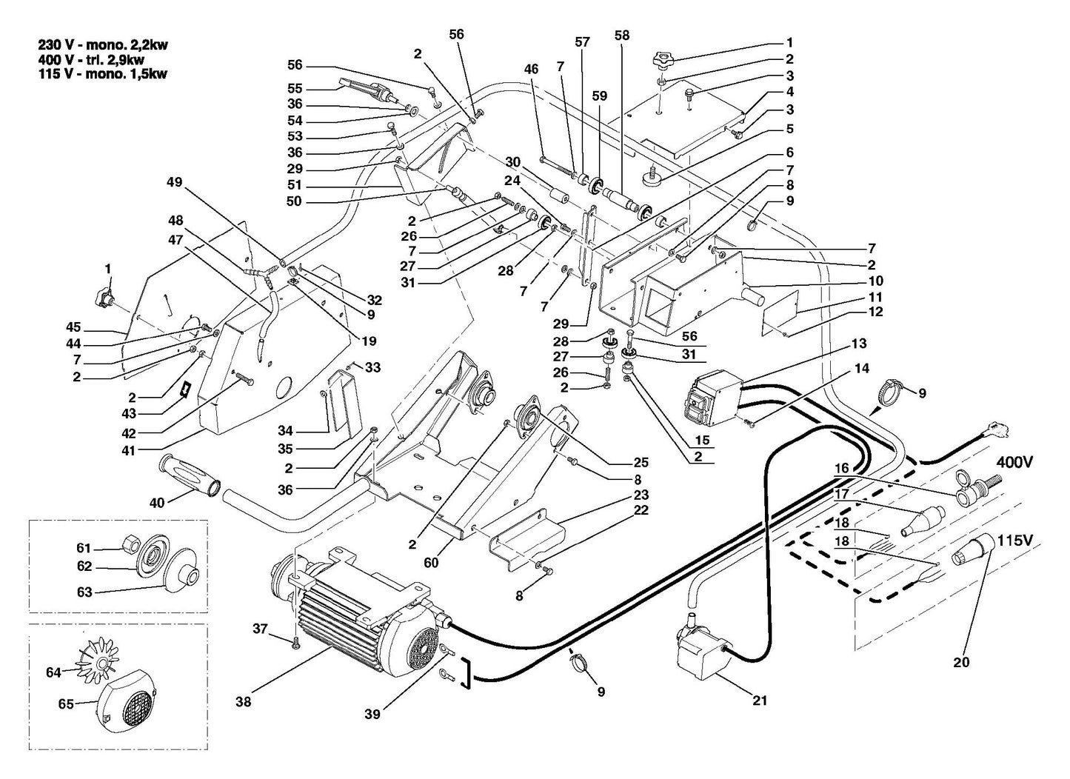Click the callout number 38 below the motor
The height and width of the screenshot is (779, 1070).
(244, 702)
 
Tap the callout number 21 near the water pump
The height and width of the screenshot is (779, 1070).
(760, 701)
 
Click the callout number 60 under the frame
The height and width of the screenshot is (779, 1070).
(431, 563)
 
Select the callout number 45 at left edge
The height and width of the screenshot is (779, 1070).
(73, 327)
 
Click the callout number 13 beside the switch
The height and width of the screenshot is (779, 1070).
(858, 344)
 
